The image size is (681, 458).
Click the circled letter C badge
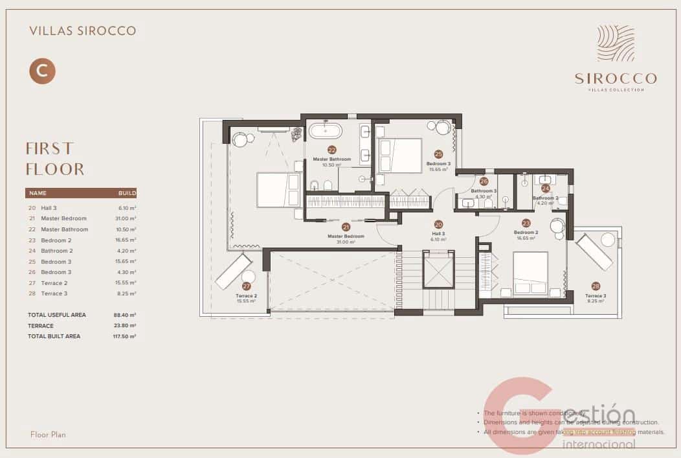42,71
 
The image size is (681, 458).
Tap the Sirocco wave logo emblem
616,43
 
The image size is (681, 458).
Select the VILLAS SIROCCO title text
83,30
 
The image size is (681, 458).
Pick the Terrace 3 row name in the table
54,293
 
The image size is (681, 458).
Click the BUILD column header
127,193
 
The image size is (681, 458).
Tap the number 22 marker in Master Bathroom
331,149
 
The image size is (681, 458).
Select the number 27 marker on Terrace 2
246,286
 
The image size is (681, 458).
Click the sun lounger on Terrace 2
233,271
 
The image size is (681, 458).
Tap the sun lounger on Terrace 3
594,251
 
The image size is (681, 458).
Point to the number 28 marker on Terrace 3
596,286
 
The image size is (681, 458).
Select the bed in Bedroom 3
399,155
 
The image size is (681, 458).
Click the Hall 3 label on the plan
438,233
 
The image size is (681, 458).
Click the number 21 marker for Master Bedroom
346,227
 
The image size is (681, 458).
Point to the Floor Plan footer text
48,434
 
